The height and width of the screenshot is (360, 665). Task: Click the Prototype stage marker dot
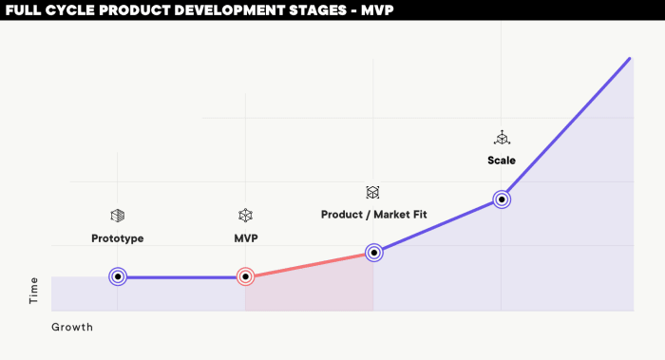click(117, 277)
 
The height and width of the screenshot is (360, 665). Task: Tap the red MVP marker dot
click(245, 277)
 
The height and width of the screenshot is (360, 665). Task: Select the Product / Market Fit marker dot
click(374, 253)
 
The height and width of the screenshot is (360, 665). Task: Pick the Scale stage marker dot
click(502, 199)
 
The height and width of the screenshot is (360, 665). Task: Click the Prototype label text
click(117, 238)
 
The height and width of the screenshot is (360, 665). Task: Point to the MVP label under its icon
click(245, 238)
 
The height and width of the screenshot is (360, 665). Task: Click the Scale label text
click(502, 161)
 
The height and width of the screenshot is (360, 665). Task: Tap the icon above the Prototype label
click(117, 216)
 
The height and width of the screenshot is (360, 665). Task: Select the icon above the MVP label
click(245, 216)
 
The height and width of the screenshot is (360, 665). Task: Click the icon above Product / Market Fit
click(373, 192)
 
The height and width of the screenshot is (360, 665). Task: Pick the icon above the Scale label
click(502, 138)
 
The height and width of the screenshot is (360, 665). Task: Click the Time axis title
click(34, 291)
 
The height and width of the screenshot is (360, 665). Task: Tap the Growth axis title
click(72, 327)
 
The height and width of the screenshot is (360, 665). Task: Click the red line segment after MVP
click(310, 265)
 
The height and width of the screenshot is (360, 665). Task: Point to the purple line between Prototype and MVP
click(180, 277)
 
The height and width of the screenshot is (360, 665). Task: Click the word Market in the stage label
click(391, 215)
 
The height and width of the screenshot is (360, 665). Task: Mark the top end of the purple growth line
click(629, 59)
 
